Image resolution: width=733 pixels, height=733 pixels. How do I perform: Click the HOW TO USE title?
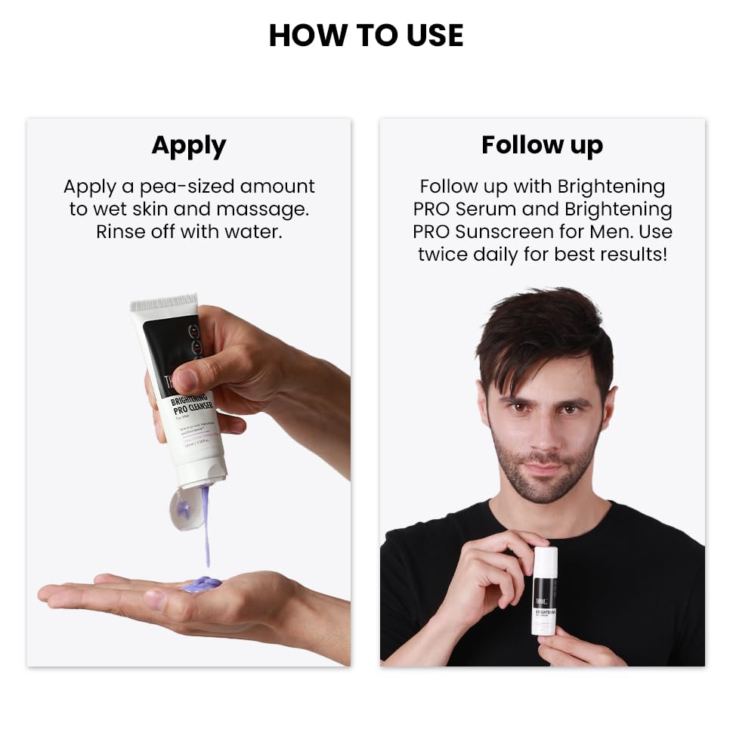click(366, 36)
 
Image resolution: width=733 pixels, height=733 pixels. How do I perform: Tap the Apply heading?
click(188, 145)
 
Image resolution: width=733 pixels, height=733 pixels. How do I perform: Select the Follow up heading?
click(542, 145)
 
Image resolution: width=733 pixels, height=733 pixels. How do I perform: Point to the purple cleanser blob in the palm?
click(201, 584)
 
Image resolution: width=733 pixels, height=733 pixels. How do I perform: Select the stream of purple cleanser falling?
click(206, 529)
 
